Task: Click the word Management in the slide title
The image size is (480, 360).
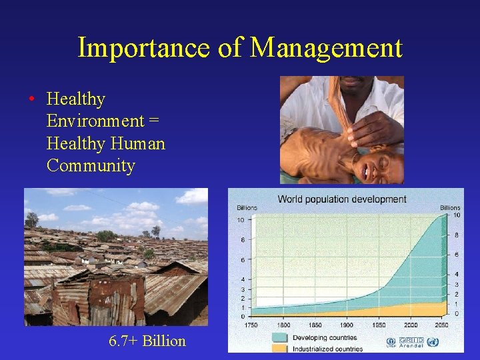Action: tap(327, 48)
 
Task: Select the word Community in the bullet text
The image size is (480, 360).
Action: tap(91, 165)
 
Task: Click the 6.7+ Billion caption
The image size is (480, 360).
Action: tap(147, 341)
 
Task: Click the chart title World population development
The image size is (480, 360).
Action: tap(341, 199)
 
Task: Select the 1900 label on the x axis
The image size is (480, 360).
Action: tap(346, 324)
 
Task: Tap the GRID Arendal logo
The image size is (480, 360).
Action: tap(411, 342)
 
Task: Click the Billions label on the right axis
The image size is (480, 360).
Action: tap(450, 207)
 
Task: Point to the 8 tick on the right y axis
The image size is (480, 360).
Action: tap(455, 235)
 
